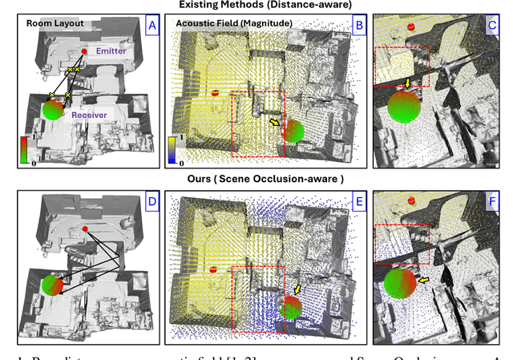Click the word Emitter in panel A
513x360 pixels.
tap(111, 51)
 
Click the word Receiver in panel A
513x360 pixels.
tap(90, 115)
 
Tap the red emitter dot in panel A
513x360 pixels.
tap(83, 52)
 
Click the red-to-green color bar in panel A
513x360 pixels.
tap(24, 150)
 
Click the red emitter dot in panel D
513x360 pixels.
tap(84, 229)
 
